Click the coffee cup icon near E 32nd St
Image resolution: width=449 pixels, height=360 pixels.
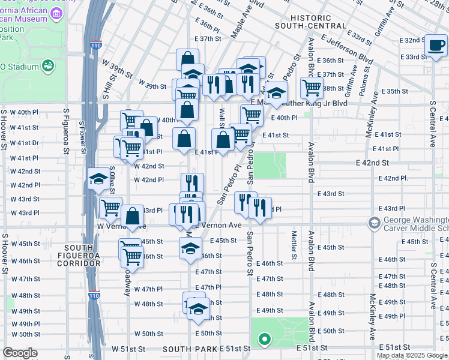point(435,45)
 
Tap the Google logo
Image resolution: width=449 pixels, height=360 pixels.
point(20,353)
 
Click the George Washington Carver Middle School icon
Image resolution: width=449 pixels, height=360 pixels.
point(374,224)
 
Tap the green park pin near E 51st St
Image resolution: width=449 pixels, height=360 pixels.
point(264,341)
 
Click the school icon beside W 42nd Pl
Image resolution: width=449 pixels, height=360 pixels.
point(98,179)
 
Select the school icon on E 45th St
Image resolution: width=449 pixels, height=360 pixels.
point(190,248)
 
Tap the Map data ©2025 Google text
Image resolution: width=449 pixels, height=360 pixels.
point(411,355)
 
